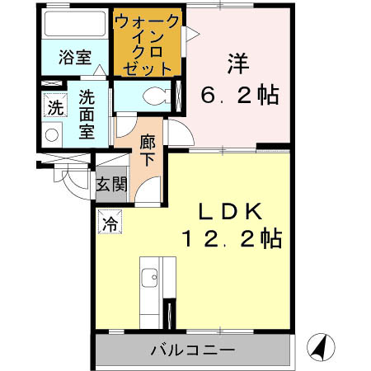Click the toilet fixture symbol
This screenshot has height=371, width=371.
click(x=152, y=96)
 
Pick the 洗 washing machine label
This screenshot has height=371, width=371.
click(x=54, y=106)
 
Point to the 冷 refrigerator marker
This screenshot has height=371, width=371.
click(x=109, y=221)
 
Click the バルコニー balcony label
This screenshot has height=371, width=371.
click(x=192, y=350)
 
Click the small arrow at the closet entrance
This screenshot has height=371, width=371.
click(x=191, y=34)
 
